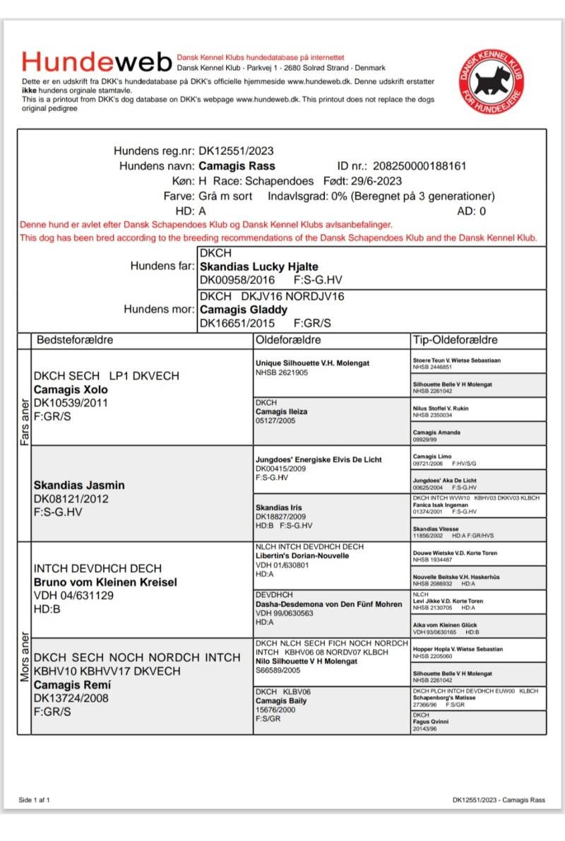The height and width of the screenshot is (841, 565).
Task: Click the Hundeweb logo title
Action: (97, 62)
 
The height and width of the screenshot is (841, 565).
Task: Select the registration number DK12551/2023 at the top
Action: (236, 151)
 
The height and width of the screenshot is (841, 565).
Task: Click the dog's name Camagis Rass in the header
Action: (237, 166)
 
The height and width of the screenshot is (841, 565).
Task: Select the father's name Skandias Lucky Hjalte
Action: (259, 268)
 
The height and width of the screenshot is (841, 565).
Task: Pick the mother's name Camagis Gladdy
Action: (244, 310)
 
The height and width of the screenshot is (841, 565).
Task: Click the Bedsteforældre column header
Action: (76, 340)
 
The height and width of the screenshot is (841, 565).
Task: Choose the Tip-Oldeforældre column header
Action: (455, 340)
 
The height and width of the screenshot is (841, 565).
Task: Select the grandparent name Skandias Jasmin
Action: (79, 485)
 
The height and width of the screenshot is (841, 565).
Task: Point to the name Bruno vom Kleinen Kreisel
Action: (105, 582)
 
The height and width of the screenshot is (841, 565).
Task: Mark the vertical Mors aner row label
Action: (24, 658)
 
